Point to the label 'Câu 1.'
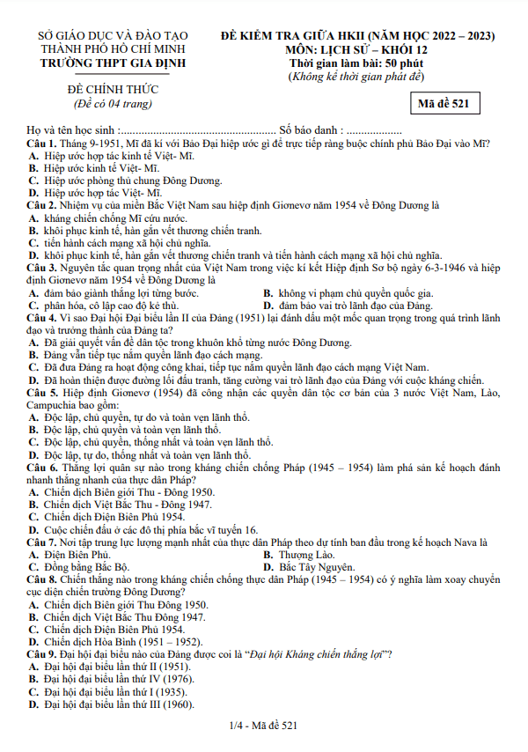pyautogui.click(x=41, y=143)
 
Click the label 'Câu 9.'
pyautogui.click(x=41, y=655)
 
